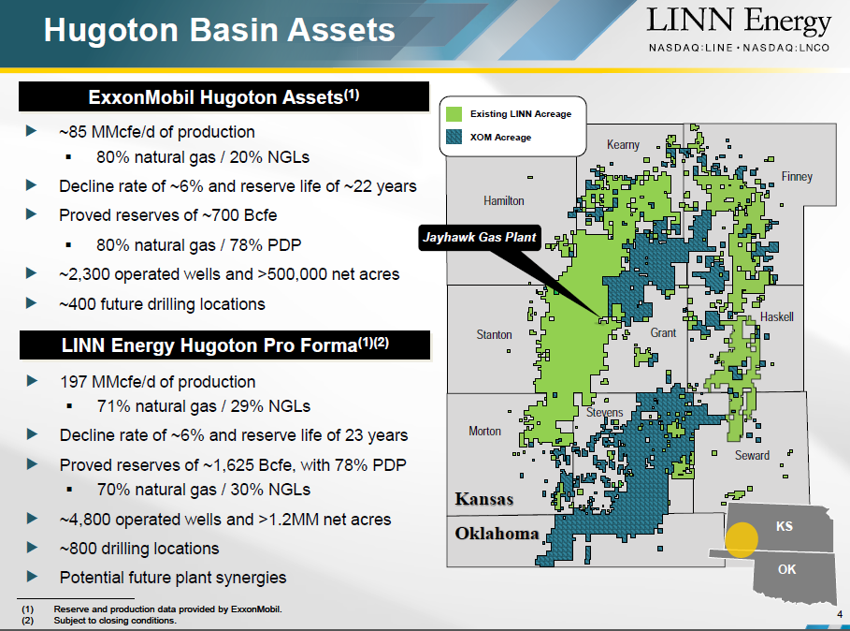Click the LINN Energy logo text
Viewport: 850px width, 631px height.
(739, 22)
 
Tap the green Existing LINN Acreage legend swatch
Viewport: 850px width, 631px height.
(454, 114)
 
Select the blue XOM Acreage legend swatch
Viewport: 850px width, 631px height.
(454, 137)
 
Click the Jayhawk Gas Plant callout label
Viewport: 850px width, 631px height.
(480, 237)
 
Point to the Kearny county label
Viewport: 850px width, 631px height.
(623, 145)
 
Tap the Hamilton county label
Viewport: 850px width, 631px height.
(504, 200)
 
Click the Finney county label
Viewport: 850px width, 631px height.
(797, 176)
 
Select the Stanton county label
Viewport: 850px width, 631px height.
(494, 334)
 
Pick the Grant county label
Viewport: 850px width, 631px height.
(663, 332)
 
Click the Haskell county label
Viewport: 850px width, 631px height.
(777, 316)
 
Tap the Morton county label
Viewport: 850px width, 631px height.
(484, 431)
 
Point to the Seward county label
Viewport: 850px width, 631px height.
(752, 455)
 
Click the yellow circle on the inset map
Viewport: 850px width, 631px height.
(741, 540)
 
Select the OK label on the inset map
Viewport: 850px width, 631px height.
(786, 569)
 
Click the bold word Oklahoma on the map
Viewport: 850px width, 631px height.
(497, 534)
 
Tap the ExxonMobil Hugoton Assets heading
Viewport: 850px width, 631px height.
(223, 96)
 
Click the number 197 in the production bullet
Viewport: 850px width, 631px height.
(73, 381)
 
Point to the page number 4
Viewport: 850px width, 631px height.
(840, 614)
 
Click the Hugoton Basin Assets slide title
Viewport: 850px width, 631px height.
(219, 29)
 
